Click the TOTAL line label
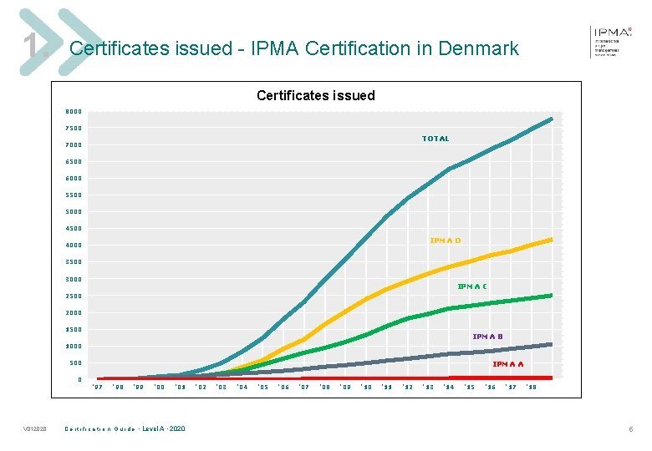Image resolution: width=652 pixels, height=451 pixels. (x=435, y=139)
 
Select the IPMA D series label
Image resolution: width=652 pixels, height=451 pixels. (x=445, y=241)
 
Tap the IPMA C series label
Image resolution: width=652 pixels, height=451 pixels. (x=472, y=286)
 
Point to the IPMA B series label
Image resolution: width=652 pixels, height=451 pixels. (x=487, y=337)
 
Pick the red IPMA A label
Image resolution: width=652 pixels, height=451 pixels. (x=508, y=364)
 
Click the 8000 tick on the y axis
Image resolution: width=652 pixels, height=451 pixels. (x=74, y=111)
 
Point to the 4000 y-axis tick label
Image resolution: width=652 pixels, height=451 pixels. (x=74, y=246)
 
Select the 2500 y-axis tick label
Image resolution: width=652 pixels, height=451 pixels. (x=74, y=296)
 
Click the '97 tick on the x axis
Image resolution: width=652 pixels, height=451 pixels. (x=97, y=388)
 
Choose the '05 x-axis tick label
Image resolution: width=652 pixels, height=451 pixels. (x=262, y=388)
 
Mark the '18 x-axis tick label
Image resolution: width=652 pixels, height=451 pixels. (x=532, y=388)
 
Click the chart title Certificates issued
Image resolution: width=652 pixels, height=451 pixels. (x=316, y=95)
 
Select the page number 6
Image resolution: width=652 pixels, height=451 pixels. (x=631, y=429)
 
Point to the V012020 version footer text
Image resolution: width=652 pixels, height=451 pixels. (x=34, y=429)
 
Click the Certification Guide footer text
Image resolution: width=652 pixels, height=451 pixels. (x=125, y=429)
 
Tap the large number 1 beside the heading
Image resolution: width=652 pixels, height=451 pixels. (x=30, y=47)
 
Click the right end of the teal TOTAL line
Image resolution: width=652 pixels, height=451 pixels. (x=551, y=119)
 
